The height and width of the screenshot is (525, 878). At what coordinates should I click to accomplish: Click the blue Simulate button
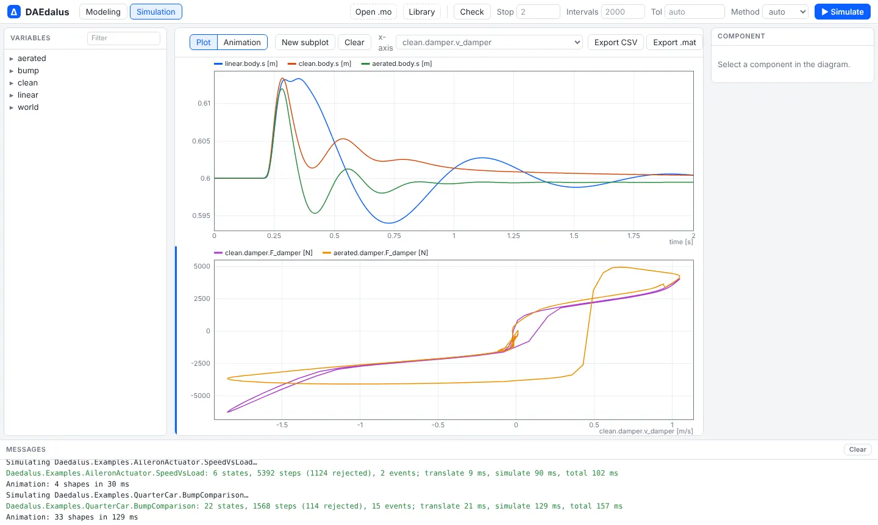[x=843, y=12]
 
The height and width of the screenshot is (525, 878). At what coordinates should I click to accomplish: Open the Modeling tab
[x=103, y=12]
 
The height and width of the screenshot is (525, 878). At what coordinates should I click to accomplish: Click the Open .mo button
[x=373, y=12]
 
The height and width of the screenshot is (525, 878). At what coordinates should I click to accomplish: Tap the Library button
[x=422, y=12]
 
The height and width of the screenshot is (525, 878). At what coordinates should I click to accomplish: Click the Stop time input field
[x=538, y=12]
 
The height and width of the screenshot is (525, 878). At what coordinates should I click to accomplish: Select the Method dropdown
[x=785, y=12]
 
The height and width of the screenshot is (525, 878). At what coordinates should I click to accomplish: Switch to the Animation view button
[x=242, y=42]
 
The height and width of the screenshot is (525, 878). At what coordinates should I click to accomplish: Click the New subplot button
[x=305, y=42]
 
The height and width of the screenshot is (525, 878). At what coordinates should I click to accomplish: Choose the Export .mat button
[x=674, y=42]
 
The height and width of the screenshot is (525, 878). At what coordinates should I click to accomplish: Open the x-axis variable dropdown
[x=489, y=42]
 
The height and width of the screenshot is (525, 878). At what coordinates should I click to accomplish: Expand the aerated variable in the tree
[x=12, y=59]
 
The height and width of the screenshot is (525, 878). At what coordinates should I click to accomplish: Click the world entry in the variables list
[x=28, y=107]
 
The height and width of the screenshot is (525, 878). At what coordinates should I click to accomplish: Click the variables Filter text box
[x=123, y=38]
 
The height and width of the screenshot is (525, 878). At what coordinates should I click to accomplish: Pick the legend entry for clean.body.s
[x=319, y=63]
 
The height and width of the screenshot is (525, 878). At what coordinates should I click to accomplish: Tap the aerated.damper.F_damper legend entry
[x=375, y=253]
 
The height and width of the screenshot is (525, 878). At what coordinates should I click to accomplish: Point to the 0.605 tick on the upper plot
[x=201, y=141]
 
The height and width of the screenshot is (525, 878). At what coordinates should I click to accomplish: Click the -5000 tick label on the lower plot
[x=200, y=396]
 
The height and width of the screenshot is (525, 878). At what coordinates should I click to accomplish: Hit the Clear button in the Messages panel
[x=857, y=449]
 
